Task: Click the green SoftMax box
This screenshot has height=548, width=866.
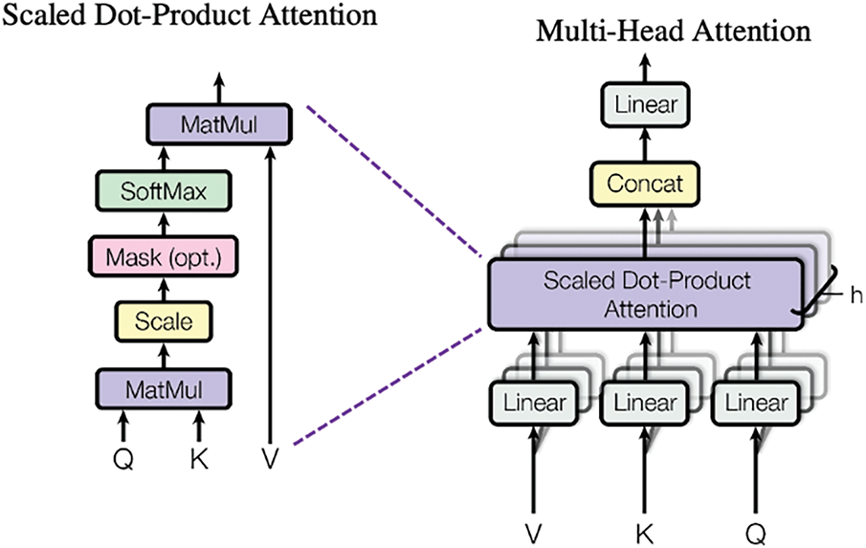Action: pos(164,191)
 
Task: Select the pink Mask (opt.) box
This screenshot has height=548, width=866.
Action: pos(164,256)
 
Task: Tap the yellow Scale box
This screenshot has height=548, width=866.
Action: pos(164,321)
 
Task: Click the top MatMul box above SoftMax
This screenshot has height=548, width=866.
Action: pos(219,124)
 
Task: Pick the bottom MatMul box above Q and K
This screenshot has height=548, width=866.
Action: pos(164,389)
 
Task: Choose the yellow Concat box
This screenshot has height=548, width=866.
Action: pos(645,184)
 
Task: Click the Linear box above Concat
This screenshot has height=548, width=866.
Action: pos(645,103)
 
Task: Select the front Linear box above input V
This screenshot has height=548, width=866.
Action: pos(534,403)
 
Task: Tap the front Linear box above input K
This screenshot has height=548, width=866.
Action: pos(645,403)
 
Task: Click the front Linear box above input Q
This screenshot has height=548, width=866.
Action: pos(756,403)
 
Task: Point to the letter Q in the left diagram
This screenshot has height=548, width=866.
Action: pos(123,459)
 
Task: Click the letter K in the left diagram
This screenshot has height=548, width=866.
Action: pos(199,458)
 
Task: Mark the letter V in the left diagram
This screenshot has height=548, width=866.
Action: pos(270,458)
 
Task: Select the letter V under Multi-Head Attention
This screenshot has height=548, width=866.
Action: pos(534,533)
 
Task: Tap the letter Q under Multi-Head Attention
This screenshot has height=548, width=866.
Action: pos(756,534)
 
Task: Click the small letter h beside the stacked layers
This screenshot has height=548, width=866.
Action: pos(856,296)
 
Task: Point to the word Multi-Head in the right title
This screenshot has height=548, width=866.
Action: pos(611,32)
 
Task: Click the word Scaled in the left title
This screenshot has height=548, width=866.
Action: pos(45,14)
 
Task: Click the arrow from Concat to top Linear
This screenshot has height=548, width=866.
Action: pos(645,144)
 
